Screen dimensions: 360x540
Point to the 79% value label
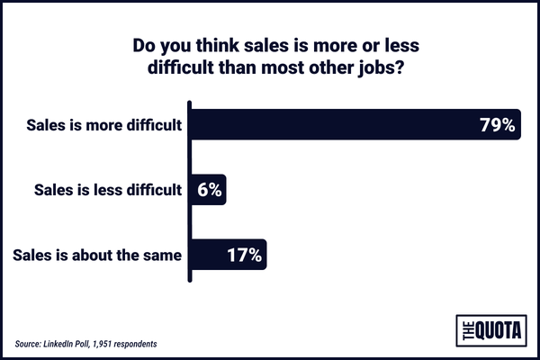click(496, 125)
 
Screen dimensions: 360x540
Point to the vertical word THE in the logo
click(466, 330)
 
